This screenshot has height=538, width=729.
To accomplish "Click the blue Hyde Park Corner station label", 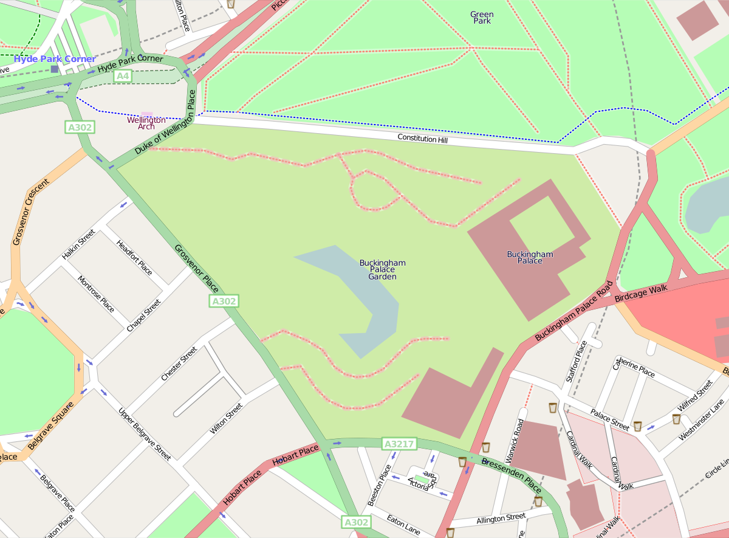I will click(55, 59).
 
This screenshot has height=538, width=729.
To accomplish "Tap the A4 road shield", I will click(123, 76).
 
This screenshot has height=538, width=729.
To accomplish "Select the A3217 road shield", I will click(399, 444).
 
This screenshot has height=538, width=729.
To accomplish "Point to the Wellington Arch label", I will click(146, 123).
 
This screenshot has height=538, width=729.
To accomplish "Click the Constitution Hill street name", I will click(425, 139).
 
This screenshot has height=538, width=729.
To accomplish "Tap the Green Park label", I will click(482, 18).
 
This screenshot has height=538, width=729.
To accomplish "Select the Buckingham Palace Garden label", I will click(382, 270).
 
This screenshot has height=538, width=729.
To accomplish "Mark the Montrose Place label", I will click(96, 294).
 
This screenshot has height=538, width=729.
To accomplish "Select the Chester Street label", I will click(179, 364).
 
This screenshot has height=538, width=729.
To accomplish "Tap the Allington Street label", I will click(501, 518).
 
